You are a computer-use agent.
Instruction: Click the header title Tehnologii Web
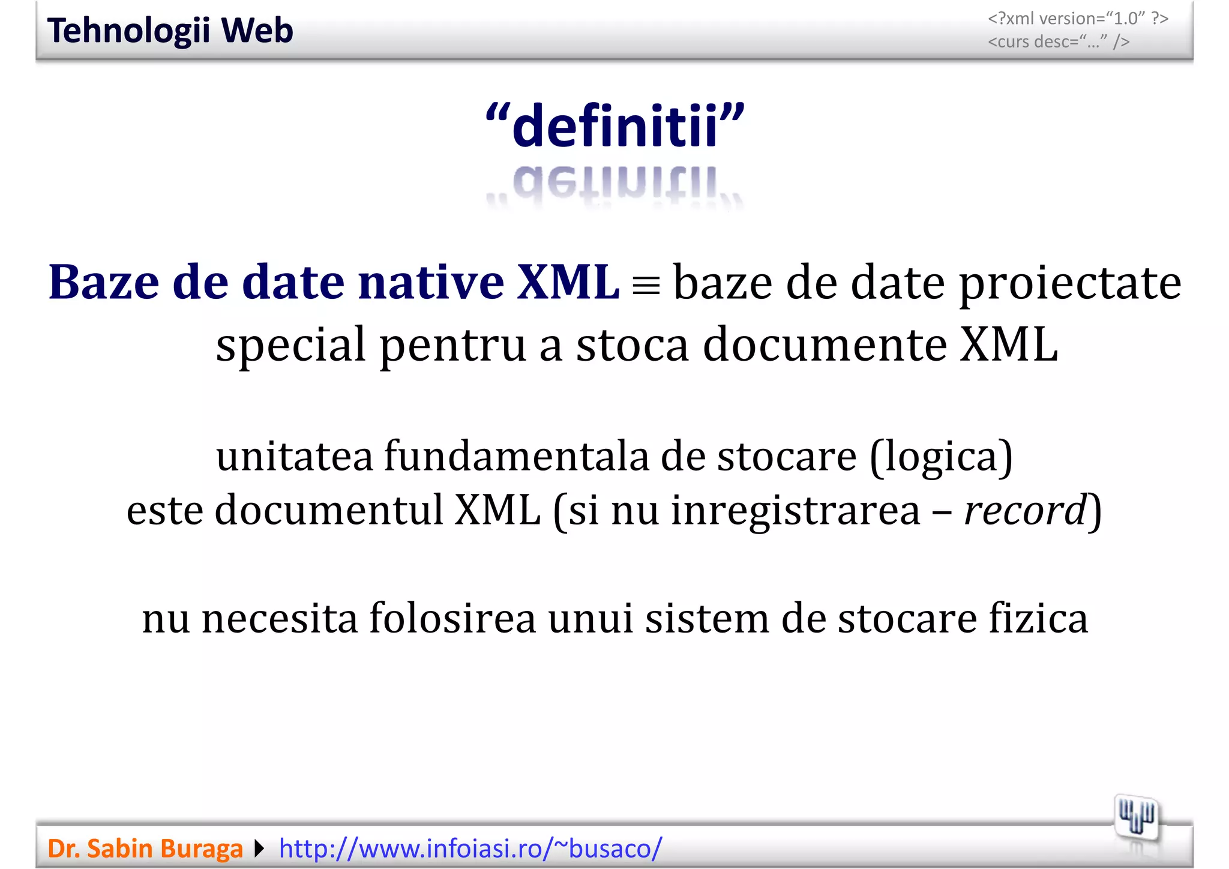170,31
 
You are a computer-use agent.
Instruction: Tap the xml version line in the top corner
1078,19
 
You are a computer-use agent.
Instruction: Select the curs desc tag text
1059,42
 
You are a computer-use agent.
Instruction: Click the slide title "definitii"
615,125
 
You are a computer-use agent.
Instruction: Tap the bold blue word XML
568,282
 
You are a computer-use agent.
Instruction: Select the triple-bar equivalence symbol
646,286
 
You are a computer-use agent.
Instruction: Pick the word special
290,346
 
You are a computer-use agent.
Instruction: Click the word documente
824,344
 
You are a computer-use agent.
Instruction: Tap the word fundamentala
516,457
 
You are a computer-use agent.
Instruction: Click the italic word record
1025,511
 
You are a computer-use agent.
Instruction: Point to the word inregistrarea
795,511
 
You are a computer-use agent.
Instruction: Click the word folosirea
452,619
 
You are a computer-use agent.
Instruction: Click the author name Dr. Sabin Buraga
145,849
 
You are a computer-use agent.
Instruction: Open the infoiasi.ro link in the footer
470,849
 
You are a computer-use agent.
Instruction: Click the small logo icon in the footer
1136,817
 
